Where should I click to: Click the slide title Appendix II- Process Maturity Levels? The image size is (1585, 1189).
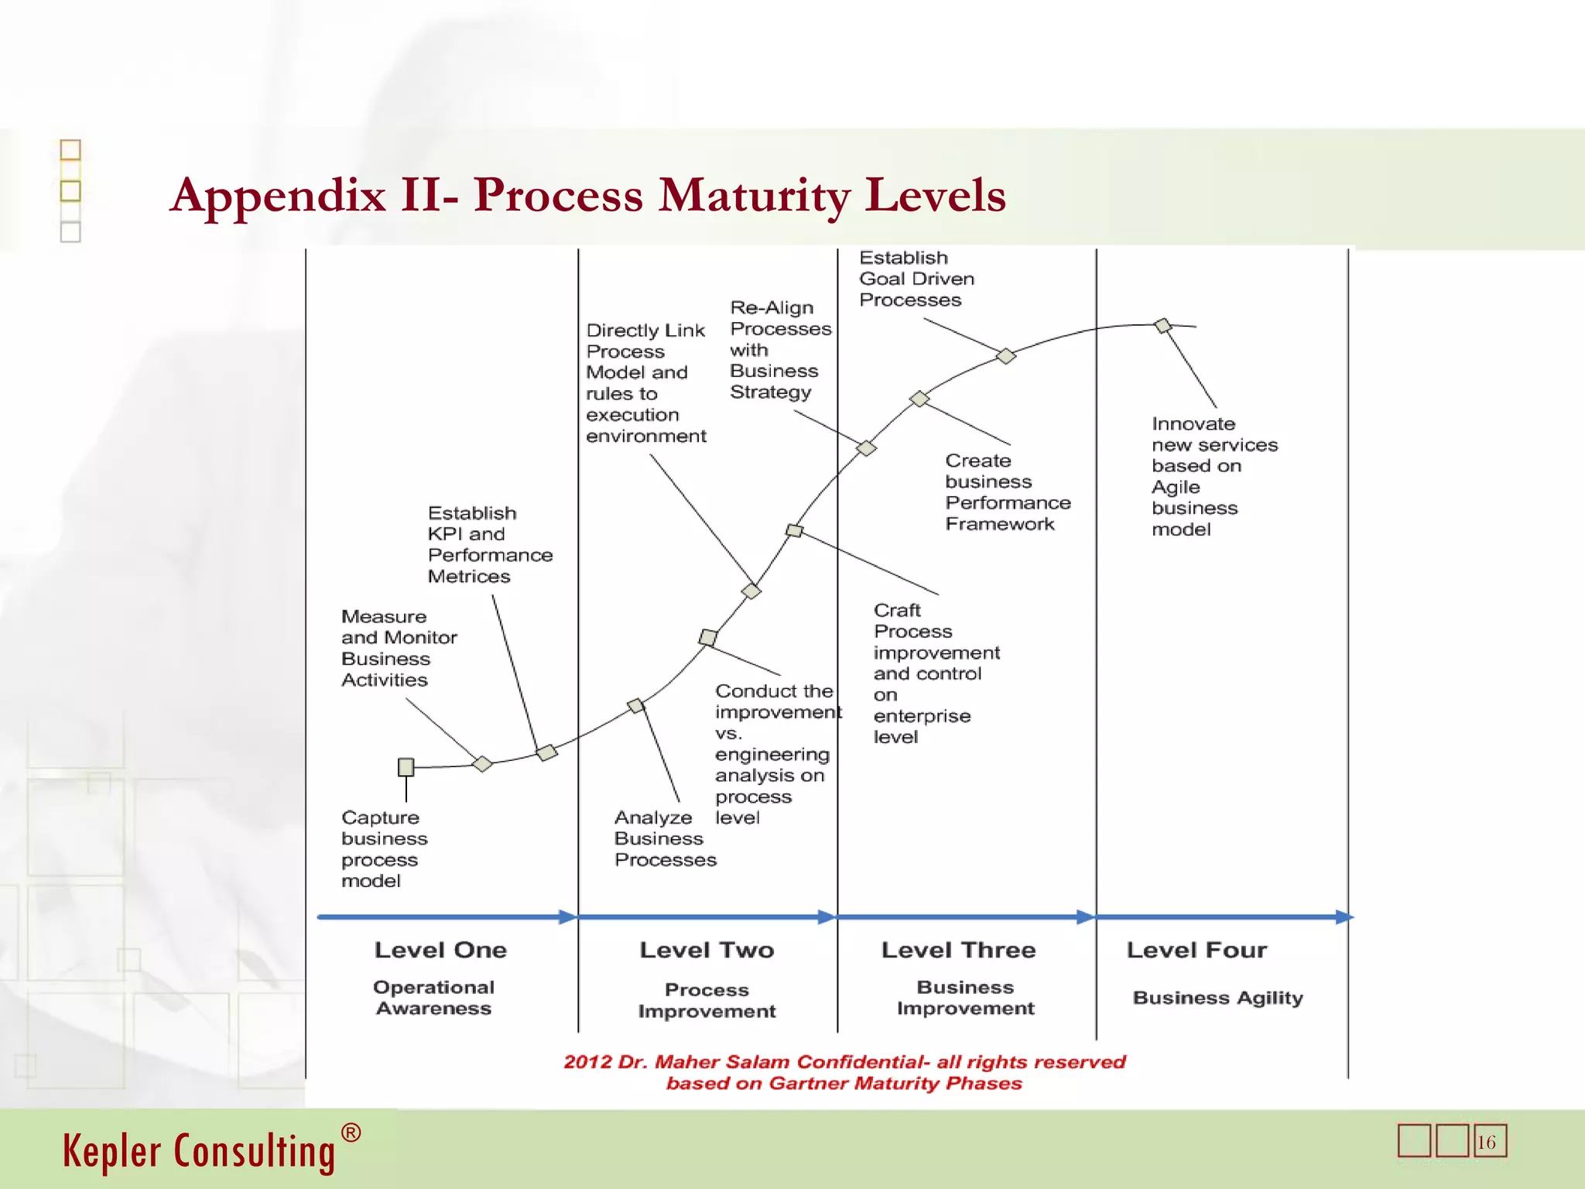point(588,195)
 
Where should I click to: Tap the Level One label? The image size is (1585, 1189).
point(440,950)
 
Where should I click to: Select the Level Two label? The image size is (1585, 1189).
point(707,950)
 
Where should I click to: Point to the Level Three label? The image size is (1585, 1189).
point(958,950)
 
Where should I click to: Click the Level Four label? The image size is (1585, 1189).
point(1196,950)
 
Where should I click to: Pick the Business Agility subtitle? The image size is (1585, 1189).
point(1217,998)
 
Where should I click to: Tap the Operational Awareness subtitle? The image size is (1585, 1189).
point(433,998)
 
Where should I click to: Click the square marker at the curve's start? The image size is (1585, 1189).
point(406,767)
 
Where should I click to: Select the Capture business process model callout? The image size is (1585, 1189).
point(384,849)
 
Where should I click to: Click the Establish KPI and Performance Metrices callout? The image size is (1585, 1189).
point(489,544)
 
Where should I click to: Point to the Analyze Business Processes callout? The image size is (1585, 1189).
point(665,838)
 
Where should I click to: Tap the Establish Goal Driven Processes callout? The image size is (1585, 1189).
point(916,279)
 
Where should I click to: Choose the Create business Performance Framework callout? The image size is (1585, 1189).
point(1007,492)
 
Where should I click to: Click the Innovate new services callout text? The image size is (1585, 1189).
point(1214,476)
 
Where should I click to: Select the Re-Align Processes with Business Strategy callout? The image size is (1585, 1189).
point(780,350)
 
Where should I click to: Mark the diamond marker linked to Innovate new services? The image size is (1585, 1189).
point(1162,326)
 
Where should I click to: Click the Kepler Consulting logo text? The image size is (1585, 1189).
point(199,1151)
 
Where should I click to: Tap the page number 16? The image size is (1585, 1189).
point(1487,1143)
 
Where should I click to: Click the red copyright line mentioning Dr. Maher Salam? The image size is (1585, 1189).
point(844,1062)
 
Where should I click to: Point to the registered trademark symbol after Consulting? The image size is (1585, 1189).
point(351,1133)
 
